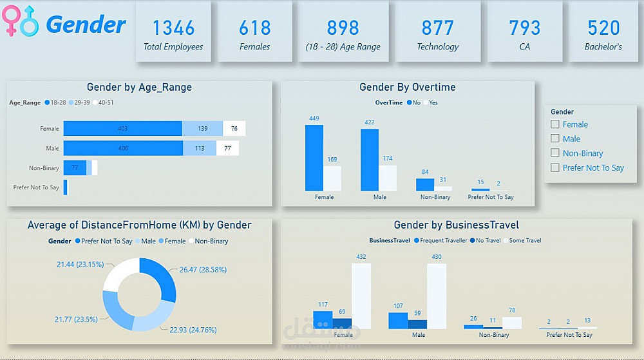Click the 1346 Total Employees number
173,28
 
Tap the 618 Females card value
255,28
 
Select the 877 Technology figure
438,28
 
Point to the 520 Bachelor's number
603,28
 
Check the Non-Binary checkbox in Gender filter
555,153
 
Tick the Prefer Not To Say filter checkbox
555,168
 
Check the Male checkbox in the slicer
555,138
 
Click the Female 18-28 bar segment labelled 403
122,129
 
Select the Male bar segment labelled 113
200,149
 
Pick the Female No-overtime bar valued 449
314,158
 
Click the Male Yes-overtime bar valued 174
388,178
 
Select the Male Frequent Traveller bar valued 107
398,321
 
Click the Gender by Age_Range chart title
139,88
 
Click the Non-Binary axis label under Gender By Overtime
435,197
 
